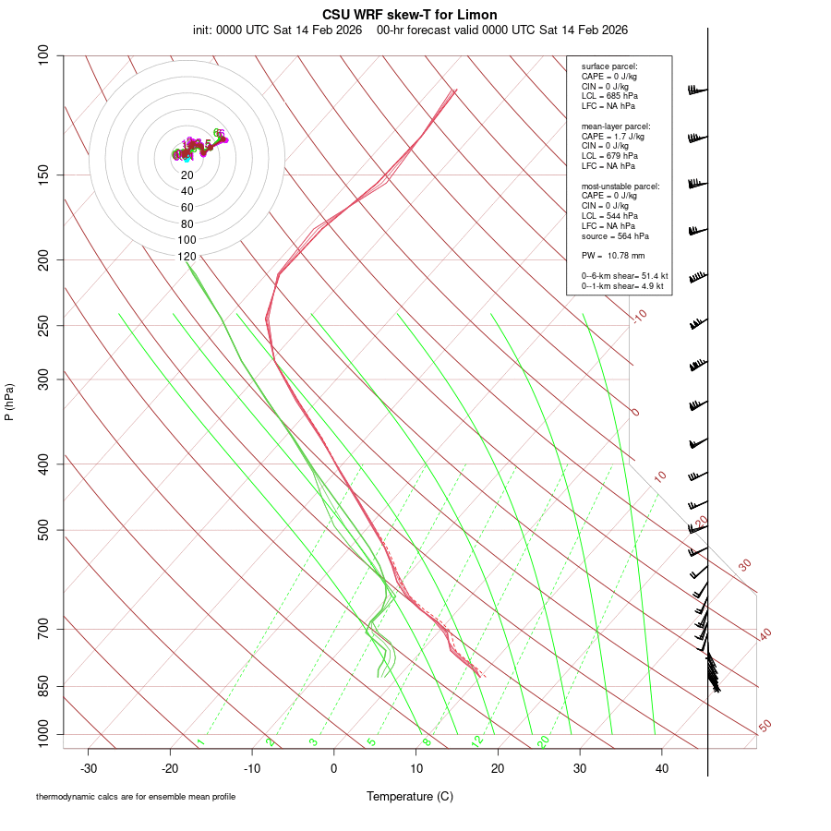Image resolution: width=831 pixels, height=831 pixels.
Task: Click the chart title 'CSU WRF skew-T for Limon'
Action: point(410,15)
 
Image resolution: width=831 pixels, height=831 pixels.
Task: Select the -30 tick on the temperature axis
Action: point(89,767)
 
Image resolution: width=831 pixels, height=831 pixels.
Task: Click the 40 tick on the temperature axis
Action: point(662,767)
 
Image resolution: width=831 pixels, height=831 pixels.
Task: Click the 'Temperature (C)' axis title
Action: point(409,796)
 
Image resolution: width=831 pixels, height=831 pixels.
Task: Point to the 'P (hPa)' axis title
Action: point(9,402)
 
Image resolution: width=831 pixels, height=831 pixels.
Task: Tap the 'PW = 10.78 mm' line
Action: point(612,255)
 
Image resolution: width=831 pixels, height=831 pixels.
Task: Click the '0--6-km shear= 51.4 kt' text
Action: point(624,276)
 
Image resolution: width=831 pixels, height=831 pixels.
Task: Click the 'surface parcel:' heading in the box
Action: point(609,66)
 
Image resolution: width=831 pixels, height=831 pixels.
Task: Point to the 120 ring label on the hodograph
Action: point(187,257)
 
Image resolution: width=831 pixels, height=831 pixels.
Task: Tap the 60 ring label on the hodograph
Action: point(187,208)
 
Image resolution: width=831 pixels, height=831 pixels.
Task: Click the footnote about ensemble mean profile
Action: point(136,796)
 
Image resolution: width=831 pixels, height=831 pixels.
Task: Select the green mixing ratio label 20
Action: point(543,741)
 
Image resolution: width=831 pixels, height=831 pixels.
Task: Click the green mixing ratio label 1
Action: point(200,741)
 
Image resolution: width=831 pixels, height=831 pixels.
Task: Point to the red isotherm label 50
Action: point(765,727)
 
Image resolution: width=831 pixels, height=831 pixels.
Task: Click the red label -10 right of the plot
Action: point(639,316)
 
